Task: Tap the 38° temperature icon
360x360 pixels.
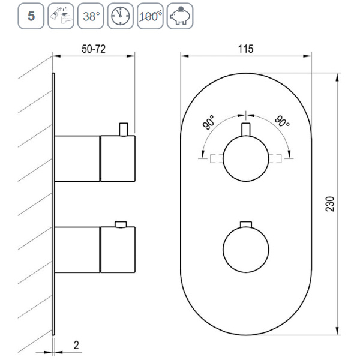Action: [x=91, y=16]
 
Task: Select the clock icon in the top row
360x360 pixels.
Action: [x=120, y=16]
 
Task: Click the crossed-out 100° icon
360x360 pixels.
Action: [x=149, y=16]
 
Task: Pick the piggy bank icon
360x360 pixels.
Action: [x=179, y=16]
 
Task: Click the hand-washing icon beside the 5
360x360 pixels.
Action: [x=62, y=16]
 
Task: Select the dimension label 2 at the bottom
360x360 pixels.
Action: [x=77, y=345]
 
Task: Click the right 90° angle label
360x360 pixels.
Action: [x=282, y=122]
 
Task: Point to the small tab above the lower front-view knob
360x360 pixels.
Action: [x=244, y=224]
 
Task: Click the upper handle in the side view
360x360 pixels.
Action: [x=96, y=158]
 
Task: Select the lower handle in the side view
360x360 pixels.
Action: [x=96, y=248]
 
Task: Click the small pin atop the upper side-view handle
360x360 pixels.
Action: [x=124, y=129]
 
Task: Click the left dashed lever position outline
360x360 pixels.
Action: [x=208, y=158]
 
